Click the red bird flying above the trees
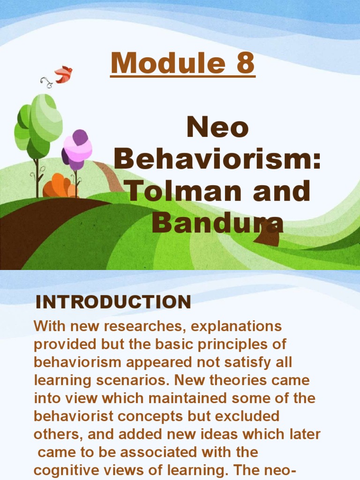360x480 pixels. pos(64,74)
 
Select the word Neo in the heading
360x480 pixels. pos(217,127)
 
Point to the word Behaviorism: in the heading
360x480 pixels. pos(217,159)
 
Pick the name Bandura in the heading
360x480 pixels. pos(217,223)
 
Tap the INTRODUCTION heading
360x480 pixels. pos(113,302)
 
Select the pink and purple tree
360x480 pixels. pos(77,149)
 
